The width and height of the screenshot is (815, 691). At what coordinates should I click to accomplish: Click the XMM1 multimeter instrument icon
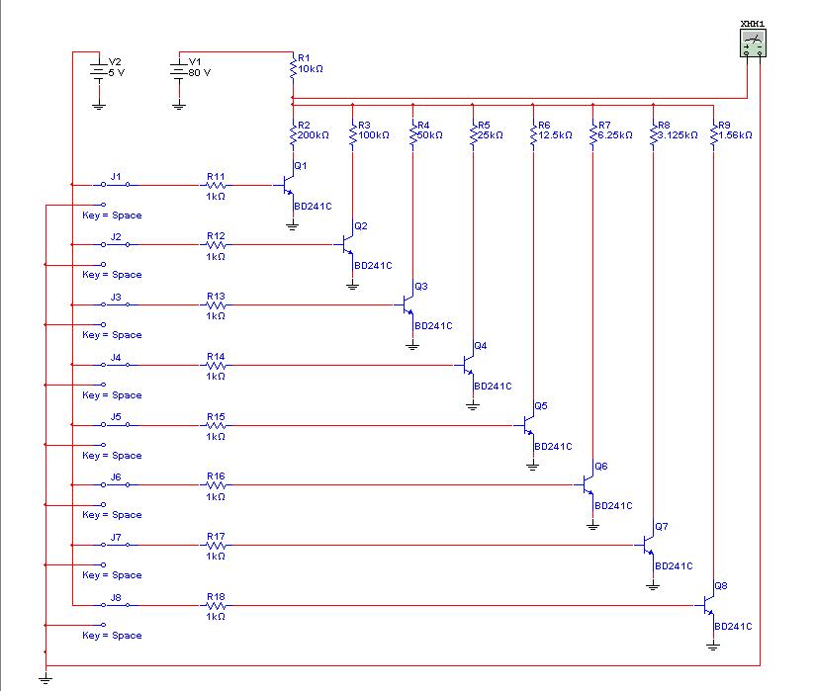point(754,43)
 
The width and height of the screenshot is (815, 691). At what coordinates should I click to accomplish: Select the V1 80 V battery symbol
point(178,71)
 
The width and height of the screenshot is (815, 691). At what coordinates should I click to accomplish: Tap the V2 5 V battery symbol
point(98,71)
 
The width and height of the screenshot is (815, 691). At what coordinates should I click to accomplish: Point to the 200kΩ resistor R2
point(293,135)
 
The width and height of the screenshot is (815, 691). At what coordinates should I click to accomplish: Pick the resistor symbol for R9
point(713,135)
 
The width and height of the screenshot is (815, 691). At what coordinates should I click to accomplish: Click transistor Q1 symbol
point(287,185)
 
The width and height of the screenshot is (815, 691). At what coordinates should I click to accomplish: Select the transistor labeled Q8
point(707,605)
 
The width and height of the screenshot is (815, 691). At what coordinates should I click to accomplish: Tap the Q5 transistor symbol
point(527,425)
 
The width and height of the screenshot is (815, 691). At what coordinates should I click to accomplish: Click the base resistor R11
point(216,185)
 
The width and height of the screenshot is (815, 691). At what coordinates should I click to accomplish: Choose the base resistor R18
point(216,605)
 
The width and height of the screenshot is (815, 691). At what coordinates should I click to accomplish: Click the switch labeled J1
point(115,185)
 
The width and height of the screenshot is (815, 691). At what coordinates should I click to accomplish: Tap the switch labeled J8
point(115,605)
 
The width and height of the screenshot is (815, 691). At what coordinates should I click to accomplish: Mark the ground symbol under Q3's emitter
point(412,345)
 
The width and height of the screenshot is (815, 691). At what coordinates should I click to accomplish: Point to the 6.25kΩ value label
point(615,135)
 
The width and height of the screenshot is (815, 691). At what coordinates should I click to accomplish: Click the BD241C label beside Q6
point(613,506)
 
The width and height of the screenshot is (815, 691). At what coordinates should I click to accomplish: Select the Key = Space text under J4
point(112,395)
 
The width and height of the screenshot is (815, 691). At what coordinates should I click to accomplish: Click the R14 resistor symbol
point(216,365)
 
